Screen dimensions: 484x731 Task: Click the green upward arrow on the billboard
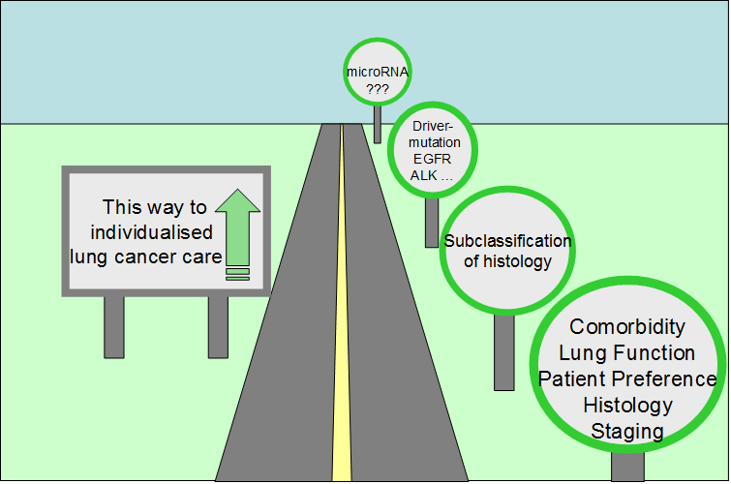pyautogui.click(x=237, y=227)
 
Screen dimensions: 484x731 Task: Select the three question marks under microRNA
pyautogui.click(x=376, y=88)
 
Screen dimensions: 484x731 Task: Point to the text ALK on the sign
pyautogui.click(x=424, y=176)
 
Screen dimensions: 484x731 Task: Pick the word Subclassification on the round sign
pyautogui.click(x=507, y=241)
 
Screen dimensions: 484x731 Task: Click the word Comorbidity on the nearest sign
pyautogui.click(x=627, y=327)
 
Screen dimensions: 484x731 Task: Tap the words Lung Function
pyautogui.click(x=627, y=353)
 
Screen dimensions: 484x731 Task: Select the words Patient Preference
pyautogui.click(x=627, y=378)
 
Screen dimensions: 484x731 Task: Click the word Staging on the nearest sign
pyautogui.click(x=627, y=431)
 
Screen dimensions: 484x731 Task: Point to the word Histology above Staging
pyautogui.click(x=627, y=405)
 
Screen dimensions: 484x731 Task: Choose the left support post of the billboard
pyautogui.click(x=114, y=326)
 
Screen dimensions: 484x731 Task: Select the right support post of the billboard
pyautogui.click(x=218, y=326)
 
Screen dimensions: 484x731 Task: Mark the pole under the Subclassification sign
pyautogui.click(x=503, y=353)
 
